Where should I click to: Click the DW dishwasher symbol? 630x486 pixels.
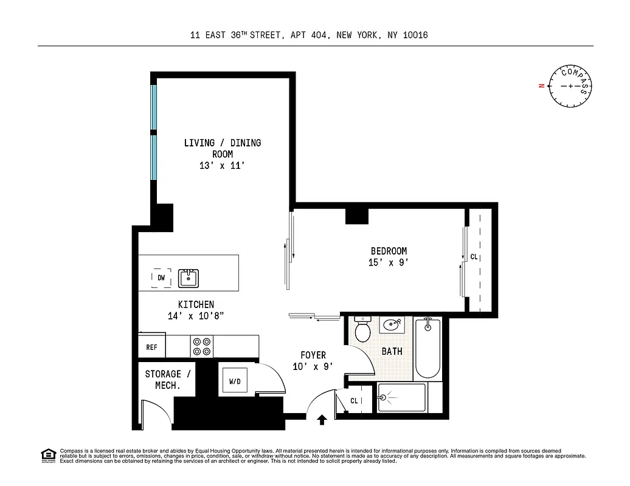[161, 278]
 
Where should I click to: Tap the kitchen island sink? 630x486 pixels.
[189, 278]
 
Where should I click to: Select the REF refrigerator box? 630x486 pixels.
[151, 347]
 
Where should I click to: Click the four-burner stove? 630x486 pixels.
[202, 346]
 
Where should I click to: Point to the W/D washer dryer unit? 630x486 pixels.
[234, 382]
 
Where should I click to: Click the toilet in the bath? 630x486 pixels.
[363, 330]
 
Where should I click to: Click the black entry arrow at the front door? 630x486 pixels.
[322, 419]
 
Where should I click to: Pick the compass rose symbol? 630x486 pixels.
[570, 87]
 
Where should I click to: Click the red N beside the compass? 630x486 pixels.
[541, 86]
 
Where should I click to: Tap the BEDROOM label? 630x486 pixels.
[389, 251]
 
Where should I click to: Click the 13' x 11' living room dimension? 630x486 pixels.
[223, 166]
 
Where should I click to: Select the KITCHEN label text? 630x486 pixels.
[196, 304]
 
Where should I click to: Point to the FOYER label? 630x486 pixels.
[313, 355]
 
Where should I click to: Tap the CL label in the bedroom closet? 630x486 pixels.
[474, 257]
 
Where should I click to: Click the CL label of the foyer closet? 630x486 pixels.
[355, 400]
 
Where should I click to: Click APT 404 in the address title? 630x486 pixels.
[308, 35]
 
